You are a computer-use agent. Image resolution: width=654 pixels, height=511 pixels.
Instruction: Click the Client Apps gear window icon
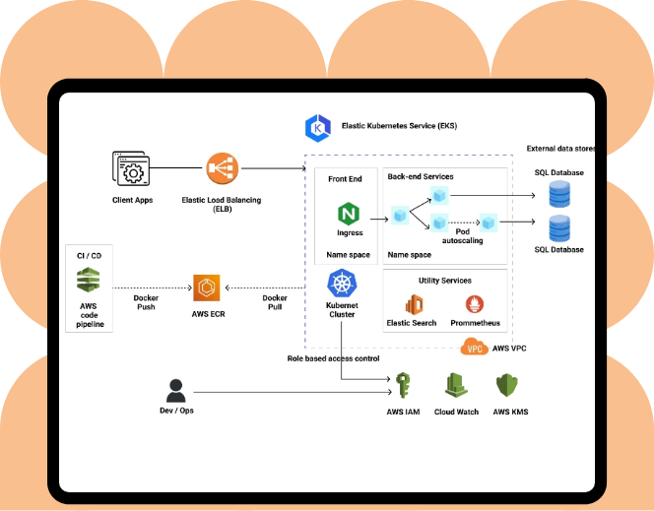pyautogui.click(x=131, y=170)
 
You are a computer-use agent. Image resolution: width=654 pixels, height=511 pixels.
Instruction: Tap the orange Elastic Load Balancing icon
pyautogui.click(x=221, y=169)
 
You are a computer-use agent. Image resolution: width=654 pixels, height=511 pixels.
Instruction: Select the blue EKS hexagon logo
pyautogui.click(x=317, y=126)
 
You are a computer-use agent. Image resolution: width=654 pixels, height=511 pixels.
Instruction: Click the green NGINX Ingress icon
pyautogui.click(x=349, y=213)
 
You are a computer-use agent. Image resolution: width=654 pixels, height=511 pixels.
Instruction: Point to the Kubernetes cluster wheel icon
pyautogui.click(x=341, y=284)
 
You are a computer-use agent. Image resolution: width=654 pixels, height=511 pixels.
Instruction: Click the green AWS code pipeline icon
pyautogui.click(x=89, y=281)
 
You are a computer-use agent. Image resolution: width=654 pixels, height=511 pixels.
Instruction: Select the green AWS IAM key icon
pyautogui.click(x=403, y=385)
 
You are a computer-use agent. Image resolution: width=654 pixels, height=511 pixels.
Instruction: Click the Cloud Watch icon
pyautogui.click(x=456, y=385)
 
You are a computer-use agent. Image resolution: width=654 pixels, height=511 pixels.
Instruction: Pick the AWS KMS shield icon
pyautogui.click(x=509, y=385)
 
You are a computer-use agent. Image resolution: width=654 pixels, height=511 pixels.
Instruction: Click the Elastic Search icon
pyautogui.click(x=412, y=304)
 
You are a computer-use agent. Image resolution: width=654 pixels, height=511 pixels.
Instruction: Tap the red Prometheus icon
pyautogui.click(x=475, y=304)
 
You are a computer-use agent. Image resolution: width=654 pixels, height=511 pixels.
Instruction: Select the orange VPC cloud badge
pyautogui.click(x=474, y=348)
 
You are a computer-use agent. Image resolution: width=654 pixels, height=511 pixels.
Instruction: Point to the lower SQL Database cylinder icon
pyautogui.click(x=558, y=229)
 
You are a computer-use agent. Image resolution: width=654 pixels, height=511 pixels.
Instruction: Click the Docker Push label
pyautogui.click(x=147, y=302)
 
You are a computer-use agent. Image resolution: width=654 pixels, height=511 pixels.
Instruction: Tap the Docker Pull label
pyautogui.click(x=275, y=302)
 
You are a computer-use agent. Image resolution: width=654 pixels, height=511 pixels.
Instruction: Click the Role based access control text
pyautogui.click(x=333, y=358)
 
